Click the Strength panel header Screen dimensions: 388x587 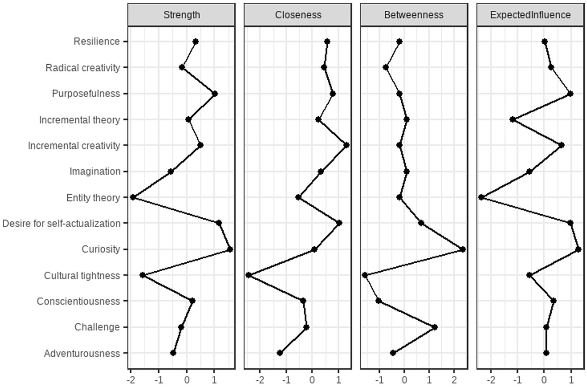(x=181, y=15)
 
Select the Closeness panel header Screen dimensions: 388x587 (x=298, y=15)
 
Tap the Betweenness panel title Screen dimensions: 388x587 (x=414, y=15)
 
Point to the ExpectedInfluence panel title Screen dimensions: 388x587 (x=530, y=15)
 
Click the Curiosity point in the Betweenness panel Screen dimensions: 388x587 (x=463, y=249)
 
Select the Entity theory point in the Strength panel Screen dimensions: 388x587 (x=133, y=197)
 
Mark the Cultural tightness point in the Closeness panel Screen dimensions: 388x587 (x=249, y=275)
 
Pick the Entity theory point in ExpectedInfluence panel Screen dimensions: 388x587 (x=481, y=197)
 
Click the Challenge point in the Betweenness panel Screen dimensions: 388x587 (x=435, y=327)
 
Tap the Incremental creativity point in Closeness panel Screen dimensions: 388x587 (x=346, y=145)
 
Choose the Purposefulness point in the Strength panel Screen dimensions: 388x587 (x=215, y=94)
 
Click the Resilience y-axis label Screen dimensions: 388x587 (x=97, y=41)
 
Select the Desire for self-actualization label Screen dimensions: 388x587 (x=61, y=223)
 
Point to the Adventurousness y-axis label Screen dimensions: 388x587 (x=82, y=353)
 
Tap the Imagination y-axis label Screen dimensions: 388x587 (x=95, y=171)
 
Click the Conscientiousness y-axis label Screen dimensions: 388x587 (x=78, y=302)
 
